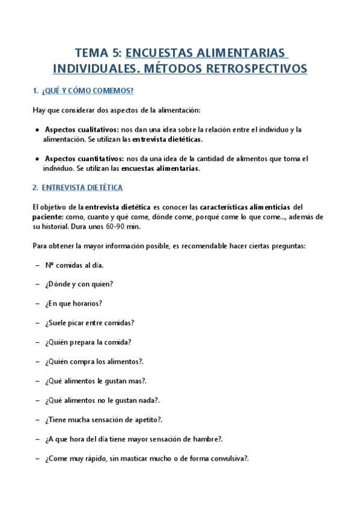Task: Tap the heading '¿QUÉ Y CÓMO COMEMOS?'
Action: point(88,91)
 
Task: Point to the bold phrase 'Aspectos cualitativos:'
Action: point(82,129)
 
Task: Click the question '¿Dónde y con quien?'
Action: point(79,284)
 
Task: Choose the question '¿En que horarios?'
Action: point(73,303)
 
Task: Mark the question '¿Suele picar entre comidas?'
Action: point(89,322)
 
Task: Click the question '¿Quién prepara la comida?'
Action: point(88,342)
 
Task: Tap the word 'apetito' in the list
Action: point(144,420)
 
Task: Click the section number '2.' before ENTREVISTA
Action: point(35,188)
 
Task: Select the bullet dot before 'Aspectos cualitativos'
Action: point(38,129)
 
